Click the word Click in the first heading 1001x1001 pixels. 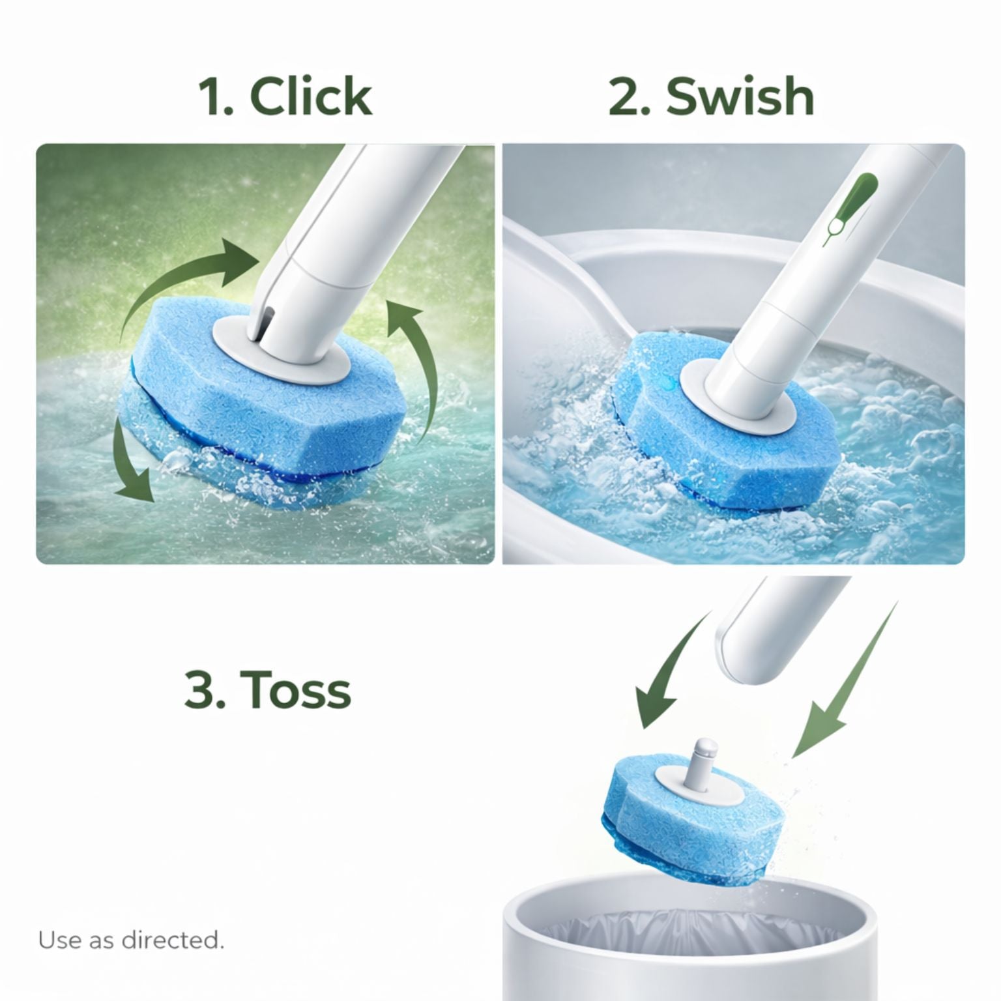pyautogui.click(x=311, y=96)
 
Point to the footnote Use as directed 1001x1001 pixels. pyautogui.click(x=131, y=940)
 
